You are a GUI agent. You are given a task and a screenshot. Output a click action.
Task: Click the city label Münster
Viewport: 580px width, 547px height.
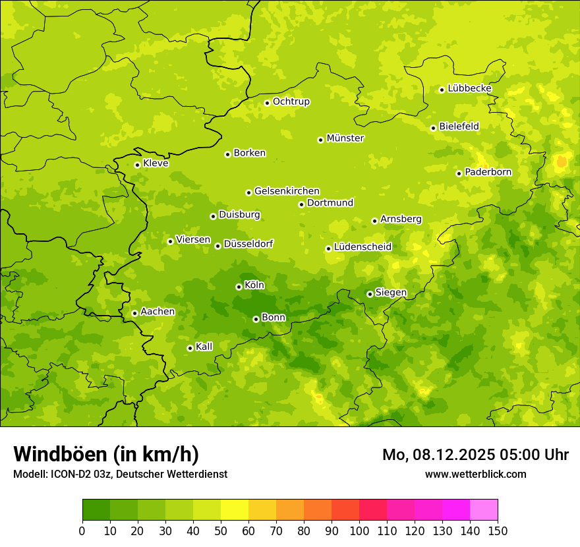point(345,138)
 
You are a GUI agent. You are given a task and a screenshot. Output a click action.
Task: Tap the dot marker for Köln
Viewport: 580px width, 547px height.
point(239,287)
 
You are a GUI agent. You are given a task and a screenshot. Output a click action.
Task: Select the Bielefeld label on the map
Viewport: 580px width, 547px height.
point(459,127)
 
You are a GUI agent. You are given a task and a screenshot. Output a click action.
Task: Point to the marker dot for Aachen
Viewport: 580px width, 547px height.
point(134,313)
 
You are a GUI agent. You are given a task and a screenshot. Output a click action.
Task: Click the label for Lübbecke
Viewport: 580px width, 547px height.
point(470,88)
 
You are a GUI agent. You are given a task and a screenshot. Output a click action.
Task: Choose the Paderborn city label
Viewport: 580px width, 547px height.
point(488,172)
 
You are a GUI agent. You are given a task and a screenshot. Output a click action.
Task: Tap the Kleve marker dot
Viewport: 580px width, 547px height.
point(137,165)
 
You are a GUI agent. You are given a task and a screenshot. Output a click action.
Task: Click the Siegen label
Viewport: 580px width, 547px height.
point(391,293)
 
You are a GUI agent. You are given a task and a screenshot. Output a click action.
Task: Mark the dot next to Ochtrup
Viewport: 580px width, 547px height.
point(267,102)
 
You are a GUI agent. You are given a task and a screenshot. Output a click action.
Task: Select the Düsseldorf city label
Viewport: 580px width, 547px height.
point(248,244)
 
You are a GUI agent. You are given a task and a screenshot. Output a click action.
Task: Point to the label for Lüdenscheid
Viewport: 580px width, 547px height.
point(363,247)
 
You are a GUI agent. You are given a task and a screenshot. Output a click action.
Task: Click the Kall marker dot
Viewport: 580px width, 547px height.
point(190,348)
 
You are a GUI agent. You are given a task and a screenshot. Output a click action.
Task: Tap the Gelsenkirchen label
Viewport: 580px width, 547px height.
point(287,191)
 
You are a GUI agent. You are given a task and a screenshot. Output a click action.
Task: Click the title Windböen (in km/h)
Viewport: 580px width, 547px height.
point(106,454)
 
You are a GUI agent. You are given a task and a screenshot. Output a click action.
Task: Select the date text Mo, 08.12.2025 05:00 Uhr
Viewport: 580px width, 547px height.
point(475,455)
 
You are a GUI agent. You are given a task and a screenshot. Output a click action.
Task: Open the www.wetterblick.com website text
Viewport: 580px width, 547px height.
point(475,474)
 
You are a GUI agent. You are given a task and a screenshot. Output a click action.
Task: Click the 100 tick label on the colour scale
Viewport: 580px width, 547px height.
point(359,531)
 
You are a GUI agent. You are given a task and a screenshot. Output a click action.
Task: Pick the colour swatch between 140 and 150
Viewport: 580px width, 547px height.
point(484,510)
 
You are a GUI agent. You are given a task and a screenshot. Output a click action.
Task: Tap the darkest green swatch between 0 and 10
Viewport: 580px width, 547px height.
point(96,510)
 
